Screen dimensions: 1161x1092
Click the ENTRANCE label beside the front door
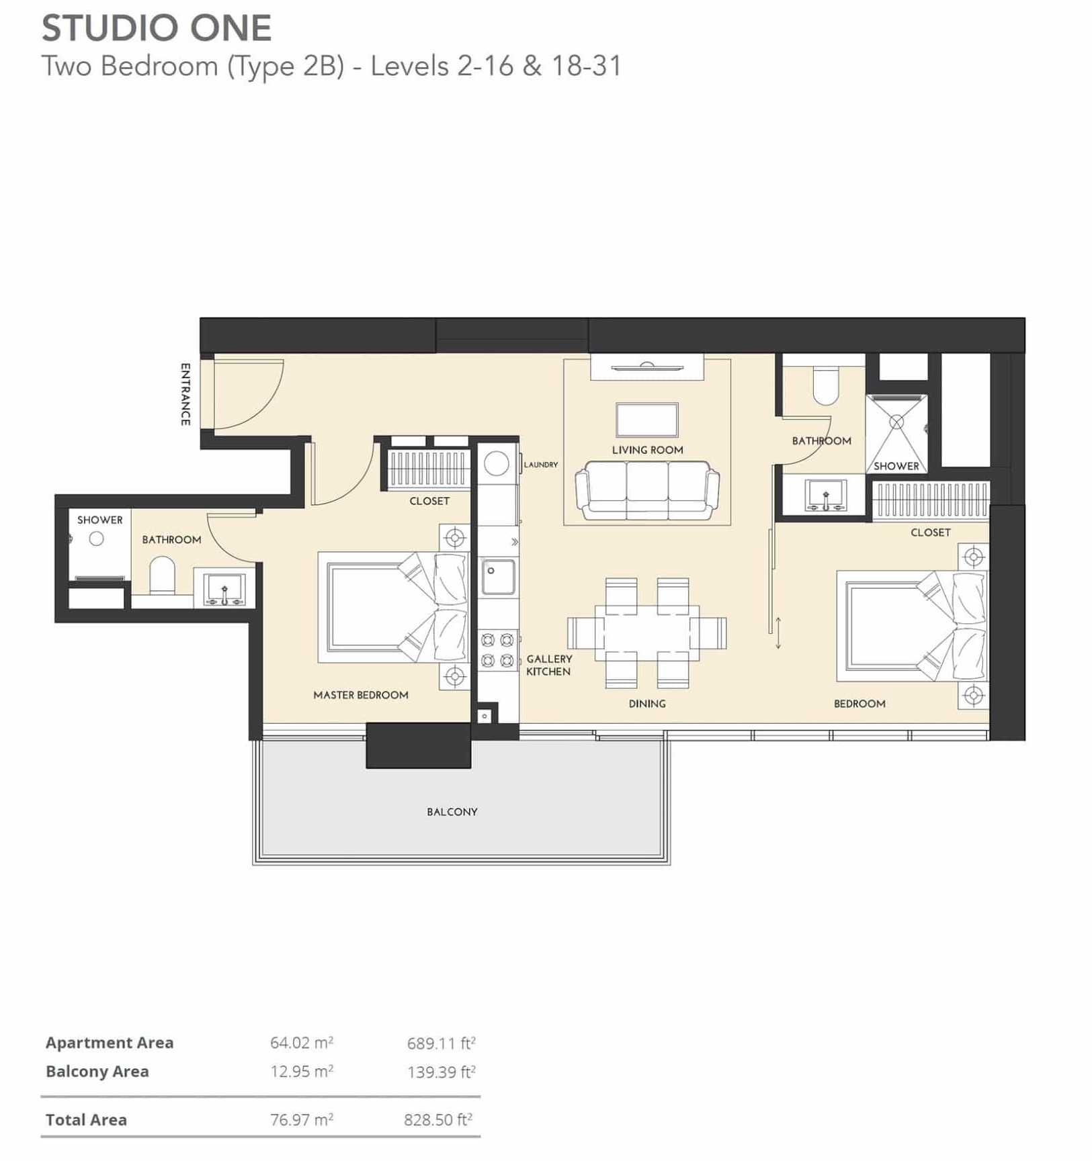pyautogui.click(x=185, y=394)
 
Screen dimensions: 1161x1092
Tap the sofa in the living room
pyautogui.click(x=646, y=490)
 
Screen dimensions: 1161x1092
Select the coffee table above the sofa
pyautogui.click(x=646, y=420)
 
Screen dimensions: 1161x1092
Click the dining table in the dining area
pyautogui.click(x=646, y=633)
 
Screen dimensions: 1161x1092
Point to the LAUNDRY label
pyautogui.click(x=541, y=465)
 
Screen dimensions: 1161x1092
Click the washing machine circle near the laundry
pyautogui.click(x=497, y=463)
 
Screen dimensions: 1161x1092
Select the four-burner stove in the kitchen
pyautogui.click(x=498, y=651)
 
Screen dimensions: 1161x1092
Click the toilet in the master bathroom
pyautogui.click(x=162, y=575)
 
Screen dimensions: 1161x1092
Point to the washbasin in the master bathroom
pyautogui.click(x=224, y=589)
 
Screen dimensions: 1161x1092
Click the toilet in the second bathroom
pyautogui.click(x=825, y=385)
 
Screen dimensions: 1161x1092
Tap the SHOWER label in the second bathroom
pyautogui.click(x=896, y=466)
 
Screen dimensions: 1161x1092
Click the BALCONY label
pyautogui.click(x=452, y=812)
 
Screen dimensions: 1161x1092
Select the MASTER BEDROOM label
pyautogui.click(x=361, y=695)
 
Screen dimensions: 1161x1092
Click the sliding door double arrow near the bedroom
pyautogui.click(x=778, y=633)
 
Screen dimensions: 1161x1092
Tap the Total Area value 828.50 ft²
pyautogui.click(x=438, y=1120)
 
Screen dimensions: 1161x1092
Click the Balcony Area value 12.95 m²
pyautogui.click(x=302, y=1072)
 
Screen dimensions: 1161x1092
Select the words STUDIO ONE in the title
pyautogui.click(x=157, y=28)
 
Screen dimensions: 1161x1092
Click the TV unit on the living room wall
pyautogui.click(x=646, y=367)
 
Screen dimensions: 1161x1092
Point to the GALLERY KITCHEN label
pyautogui.click(x=549, y=665)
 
